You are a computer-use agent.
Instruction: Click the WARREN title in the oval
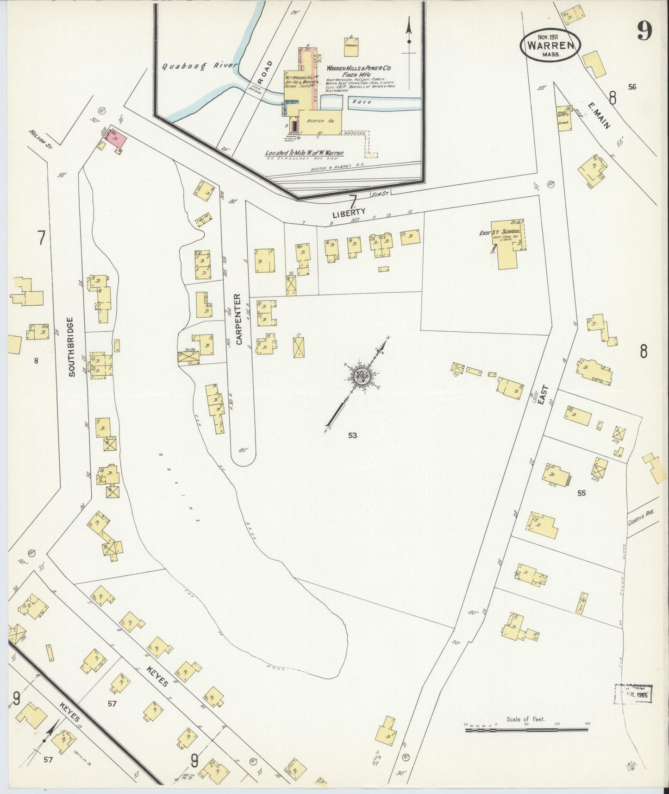coord(550,46)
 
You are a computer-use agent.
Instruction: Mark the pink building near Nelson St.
coord(117,139)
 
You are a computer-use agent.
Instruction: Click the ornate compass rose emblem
coord(361,376)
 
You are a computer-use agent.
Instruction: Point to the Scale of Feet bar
coord(526,730)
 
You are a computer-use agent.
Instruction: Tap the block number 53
coord(353,435)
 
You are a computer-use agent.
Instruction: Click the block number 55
coord(581,493)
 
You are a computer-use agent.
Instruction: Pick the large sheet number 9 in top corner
coord(644,32)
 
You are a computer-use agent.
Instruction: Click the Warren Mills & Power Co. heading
coord(359,68)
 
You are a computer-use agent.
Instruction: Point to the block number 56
coord(632,86)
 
